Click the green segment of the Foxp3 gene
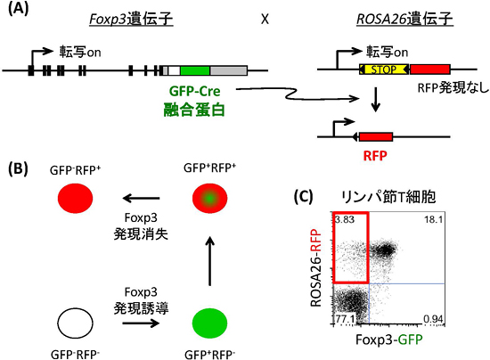[195, 69]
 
